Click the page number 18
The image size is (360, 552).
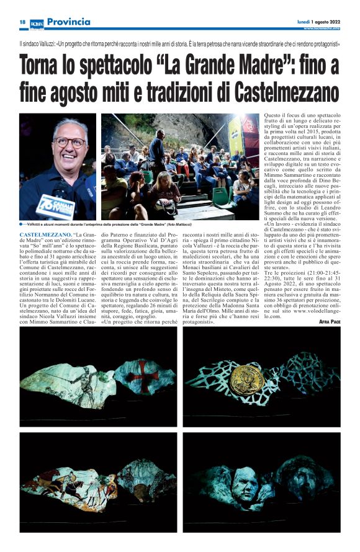22,22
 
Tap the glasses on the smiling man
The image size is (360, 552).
70,142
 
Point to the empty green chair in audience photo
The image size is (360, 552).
220,196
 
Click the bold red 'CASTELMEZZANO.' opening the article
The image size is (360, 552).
46,236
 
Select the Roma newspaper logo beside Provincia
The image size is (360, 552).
37,22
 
